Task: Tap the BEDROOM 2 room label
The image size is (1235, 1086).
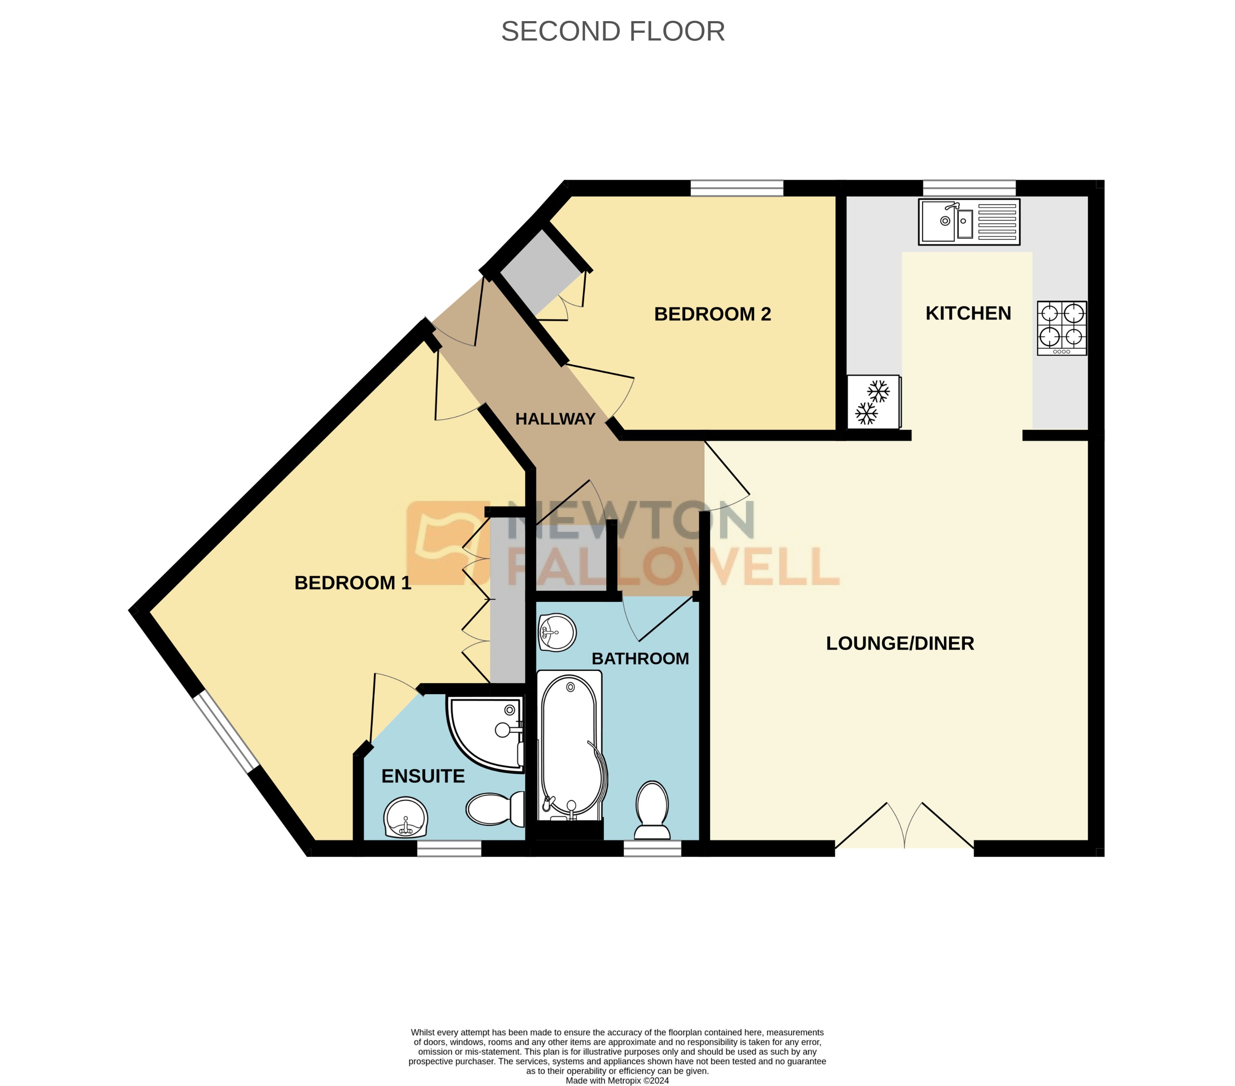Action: [x=712, y=314]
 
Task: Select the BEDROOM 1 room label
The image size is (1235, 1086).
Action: [x=353, y=583]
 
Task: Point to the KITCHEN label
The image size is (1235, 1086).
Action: [x=968, y=313]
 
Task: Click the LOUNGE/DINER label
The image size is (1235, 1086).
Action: [x=900, y=643]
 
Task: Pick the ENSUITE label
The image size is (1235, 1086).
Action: [x=423, y=776]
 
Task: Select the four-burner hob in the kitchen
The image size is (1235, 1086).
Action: [x=1061, y=328]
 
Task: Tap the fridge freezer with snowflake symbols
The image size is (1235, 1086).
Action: [x=873, y=402]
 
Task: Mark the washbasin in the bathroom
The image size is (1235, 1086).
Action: [x=557, y=633]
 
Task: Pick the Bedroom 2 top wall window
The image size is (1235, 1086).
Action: [x=737, y=188]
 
